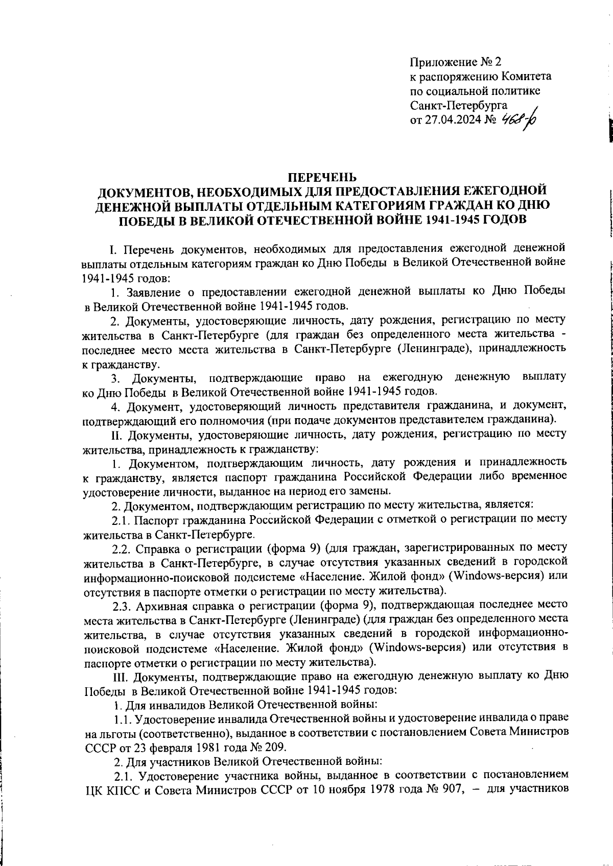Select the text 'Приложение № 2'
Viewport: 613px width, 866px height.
point(455,62)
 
